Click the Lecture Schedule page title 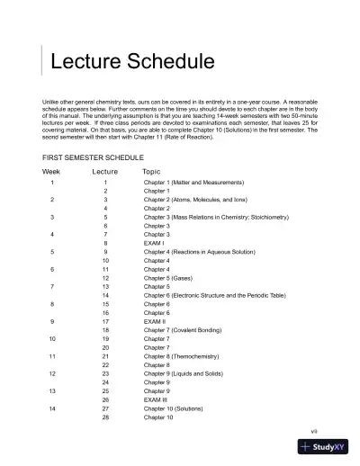pyautogui.click(x=131, y=62)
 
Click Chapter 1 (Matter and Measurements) pyautogui.click(x=184, y=183)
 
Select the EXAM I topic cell pyautogui.click(x=154, y=243)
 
